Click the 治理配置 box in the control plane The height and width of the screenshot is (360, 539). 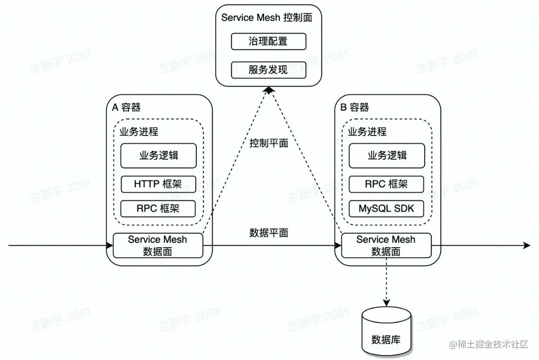point(269,42)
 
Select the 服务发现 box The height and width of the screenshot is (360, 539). point(269,70)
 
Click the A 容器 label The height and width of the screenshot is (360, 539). point(127,107)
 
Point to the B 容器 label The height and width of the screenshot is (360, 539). point(355,107)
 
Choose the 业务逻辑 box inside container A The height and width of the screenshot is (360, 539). point(158,156)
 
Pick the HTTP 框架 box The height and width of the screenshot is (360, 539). point(158,184)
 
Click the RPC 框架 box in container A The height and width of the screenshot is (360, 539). point(158,208)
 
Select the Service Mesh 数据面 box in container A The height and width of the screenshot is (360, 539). point(158,245)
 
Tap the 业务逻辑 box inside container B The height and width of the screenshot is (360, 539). point(387,156)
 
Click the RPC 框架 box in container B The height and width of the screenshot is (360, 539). point(387,184)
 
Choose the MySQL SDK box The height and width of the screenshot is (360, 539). point(387,208)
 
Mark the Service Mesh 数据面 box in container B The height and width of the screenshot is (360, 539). point(386,245)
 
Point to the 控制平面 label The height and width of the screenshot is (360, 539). point(269,143)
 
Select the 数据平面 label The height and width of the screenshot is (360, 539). point(269,233)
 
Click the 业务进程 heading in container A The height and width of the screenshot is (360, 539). point(139,132)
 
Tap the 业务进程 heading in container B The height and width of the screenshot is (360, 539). point(367,132)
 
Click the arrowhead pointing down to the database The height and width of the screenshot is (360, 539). point(386,302)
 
